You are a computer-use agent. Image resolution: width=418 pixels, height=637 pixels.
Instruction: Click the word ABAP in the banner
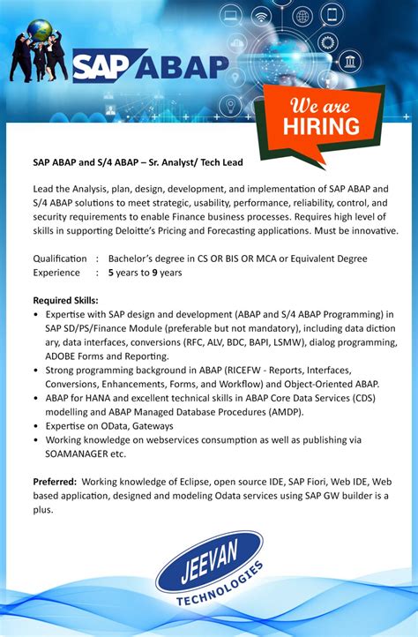point(180,67)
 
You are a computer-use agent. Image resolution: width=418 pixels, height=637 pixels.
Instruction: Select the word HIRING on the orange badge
point(321,125)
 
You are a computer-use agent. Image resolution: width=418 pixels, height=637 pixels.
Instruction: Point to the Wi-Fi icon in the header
point(262,17)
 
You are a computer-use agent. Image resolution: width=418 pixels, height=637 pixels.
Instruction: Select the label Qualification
point(59,259)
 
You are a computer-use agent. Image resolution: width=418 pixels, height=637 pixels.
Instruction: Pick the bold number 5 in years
point(111,273)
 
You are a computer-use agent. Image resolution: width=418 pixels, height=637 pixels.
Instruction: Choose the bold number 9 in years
point(154,273)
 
